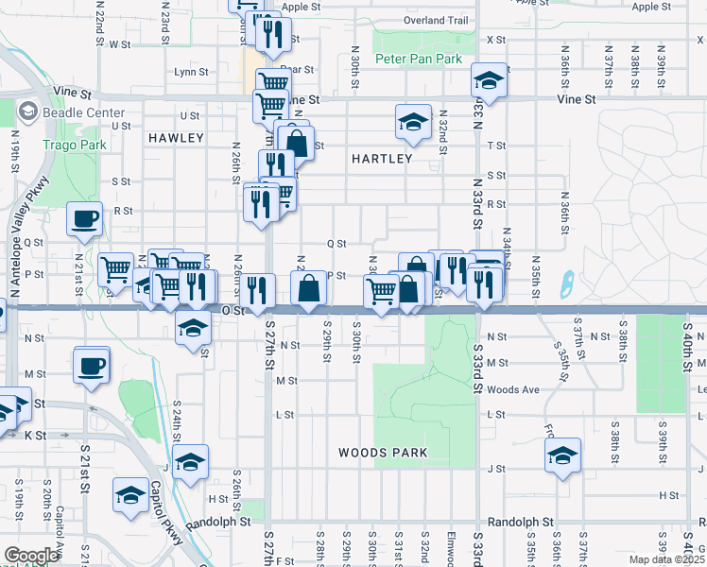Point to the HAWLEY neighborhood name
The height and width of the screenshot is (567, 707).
pyautogui.click(x=176, y=138)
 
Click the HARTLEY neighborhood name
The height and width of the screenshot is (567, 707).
pyautogui.click(x=382, y=159)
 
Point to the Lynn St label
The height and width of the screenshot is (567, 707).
pyautogui.click(x=191, y=72)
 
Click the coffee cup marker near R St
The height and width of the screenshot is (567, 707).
pyautogui.click(x=84, y=219)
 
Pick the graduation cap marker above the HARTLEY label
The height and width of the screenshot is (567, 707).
pyautogui.click(x=413, y=122)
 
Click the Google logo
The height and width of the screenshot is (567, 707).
pyautogui.click(x=31, y=556)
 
